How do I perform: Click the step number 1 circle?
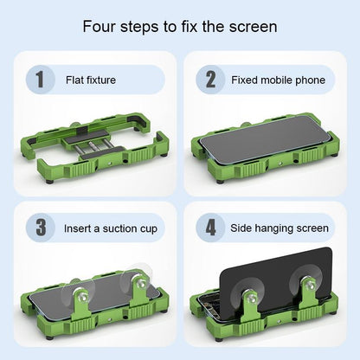click(38, 80)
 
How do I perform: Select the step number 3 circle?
click(38, 229)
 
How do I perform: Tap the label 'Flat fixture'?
click(91, 80)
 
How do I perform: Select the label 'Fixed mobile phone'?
click(278, 80)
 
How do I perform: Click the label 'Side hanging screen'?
click(280, 229)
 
